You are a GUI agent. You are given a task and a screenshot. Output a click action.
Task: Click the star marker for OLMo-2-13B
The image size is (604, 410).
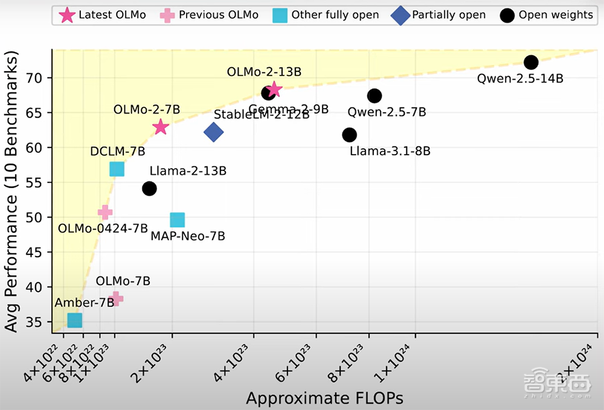pos(274,89)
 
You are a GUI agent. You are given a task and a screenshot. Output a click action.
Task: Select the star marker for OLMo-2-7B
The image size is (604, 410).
pos(160,127)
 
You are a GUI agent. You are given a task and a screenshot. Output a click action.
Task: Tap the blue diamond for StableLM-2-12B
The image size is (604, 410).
pos(214,132)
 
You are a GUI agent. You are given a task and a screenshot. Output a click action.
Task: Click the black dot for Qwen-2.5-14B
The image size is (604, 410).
pos(531,62)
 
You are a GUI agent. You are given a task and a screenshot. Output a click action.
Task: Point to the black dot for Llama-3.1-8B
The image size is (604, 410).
pos(349,135)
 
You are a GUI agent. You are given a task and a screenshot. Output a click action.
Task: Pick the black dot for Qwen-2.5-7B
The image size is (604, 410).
pos(374,95)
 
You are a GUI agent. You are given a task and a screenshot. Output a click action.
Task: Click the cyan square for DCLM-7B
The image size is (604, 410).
pos(117,169)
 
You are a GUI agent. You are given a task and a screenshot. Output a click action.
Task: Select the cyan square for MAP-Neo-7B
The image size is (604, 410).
pos(177,219)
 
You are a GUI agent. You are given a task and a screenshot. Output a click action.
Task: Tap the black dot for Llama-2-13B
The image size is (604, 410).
pos(149,189)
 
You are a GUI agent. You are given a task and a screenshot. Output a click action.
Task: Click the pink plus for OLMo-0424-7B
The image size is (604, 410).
pos(105,212)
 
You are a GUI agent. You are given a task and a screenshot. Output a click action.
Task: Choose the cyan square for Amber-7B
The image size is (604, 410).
pos(74,320)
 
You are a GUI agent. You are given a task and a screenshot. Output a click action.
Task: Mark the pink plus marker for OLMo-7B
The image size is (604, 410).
pos(117,298)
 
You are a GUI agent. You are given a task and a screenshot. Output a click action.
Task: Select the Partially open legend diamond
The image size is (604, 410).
pos(399,14)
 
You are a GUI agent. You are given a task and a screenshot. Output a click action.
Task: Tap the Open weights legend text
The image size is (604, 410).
pos(556,14)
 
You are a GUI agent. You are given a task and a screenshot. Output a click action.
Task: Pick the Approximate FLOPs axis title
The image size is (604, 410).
pos(324,398)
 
